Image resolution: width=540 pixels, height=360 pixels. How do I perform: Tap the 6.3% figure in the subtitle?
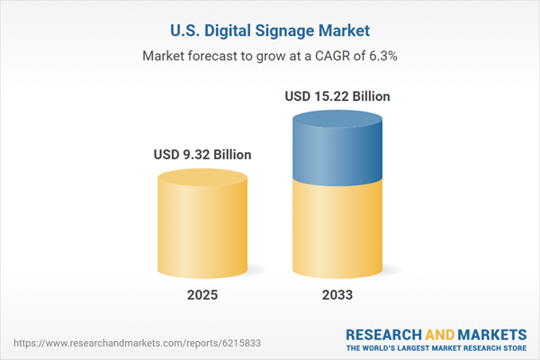(x=382, y=56)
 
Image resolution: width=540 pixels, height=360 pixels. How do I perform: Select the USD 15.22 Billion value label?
(x=337, y=95)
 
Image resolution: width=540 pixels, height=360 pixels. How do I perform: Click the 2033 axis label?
(x=337, y=295)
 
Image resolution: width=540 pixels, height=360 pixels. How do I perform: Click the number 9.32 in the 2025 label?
(x=196, y=155)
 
